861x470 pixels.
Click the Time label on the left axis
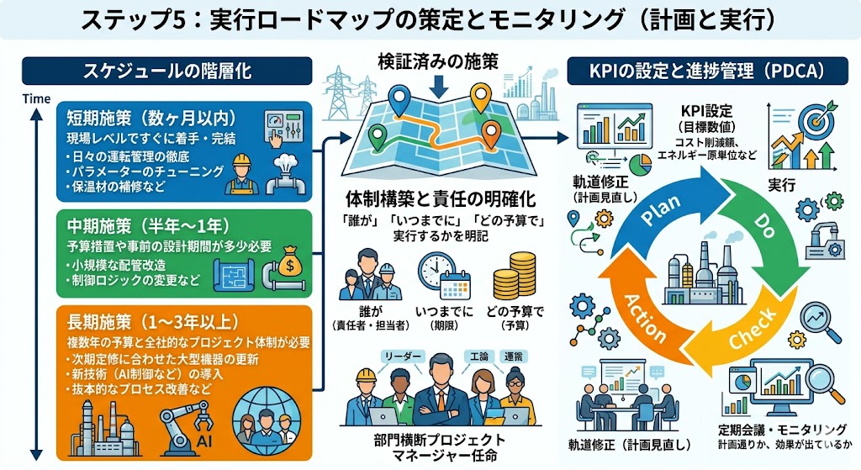click(35, 98)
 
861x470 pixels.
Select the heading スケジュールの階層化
click(168, 71)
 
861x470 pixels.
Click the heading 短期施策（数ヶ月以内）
click(145, 117)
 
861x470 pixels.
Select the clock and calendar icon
click(442, 277)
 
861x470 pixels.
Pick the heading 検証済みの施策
click(438, 61)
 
